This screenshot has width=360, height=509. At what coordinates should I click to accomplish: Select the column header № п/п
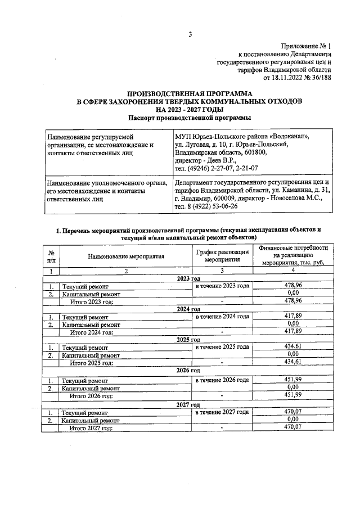[x=52, y=256]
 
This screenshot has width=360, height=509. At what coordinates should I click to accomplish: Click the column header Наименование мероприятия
[x=125, y=256]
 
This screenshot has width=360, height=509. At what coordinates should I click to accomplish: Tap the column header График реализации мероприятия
[x=223, y=256]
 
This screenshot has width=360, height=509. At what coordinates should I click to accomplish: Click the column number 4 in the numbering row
[x=292, y=271]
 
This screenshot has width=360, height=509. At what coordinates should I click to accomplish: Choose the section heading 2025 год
[x=188, y=340]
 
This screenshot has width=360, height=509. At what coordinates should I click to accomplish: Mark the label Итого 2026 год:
[x=91, y=395]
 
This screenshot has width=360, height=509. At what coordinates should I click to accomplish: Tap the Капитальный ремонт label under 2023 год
[x=91, y=293]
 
